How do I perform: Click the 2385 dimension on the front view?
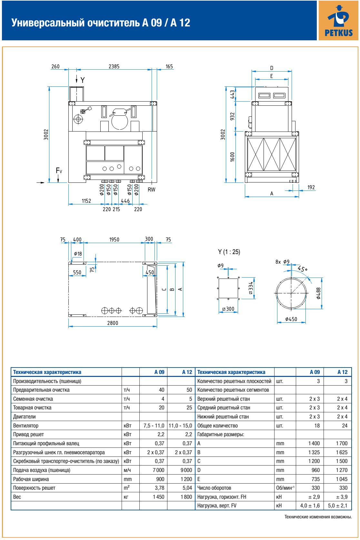pos(114,66)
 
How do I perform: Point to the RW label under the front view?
pos(151,190)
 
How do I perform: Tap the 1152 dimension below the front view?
pos(86,201)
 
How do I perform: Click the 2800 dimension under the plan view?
pos(113,323)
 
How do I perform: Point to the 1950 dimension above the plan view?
pos(114,240)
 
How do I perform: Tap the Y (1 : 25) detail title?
pos(229,252)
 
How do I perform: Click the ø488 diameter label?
pos(318,293)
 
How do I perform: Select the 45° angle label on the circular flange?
pos(303,268)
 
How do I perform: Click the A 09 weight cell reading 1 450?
pos(158,497)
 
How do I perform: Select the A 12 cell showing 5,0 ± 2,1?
pos(337,506)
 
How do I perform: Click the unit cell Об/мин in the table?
pos(285,488)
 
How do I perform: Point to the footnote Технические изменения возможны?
pos(318,517)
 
